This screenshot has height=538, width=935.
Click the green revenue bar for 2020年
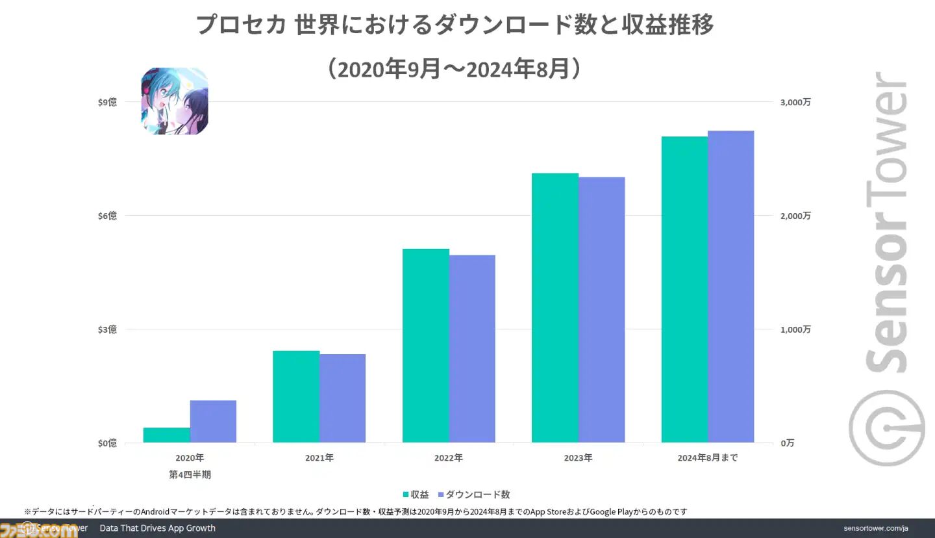click(166, 435)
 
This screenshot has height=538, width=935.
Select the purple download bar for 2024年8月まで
click(731, 287)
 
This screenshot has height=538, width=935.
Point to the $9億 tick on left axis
click(107, 102)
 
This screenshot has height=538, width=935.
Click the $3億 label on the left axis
click(107, 329)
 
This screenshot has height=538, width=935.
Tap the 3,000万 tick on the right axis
click(795, 102)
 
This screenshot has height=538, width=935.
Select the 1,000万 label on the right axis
click(795, 329)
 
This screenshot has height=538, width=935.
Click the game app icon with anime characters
click(175, 101)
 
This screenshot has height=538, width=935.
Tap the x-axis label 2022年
click(449, 457)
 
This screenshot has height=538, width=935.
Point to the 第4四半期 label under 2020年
click(190, 474)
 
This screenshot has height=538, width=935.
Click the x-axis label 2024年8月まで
click(707, 457)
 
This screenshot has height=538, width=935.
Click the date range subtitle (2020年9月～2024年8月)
click(455, 68)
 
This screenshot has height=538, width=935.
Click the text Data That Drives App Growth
click(157, 528)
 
